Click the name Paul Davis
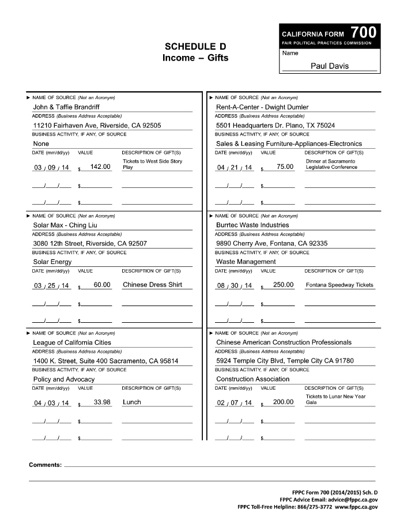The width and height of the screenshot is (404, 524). [x=329, y=66]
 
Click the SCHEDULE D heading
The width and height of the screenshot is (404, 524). [x=195, y=46]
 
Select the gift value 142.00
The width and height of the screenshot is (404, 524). [x=100, y=167]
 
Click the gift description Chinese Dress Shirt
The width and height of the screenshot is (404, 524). [x=152, y=285]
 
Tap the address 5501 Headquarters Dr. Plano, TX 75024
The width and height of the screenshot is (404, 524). [x=275, y=125]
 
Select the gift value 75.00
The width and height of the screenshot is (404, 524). [x=285, y=167]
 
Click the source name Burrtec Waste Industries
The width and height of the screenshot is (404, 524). [x=252, y=225]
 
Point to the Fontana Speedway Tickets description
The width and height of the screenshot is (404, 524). [x=339, y=285]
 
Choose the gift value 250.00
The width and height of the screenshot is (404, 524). [x=283, y=285]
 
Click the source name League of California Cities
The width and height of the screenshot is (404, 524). [x=72, y=342]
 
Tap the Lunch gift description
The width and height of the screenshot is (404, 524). [x=131, y=402]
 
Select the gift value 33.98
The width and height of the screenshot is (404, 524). [x=102, y=402]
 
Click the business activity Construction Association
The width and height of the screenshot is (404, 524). [x=252, y=379]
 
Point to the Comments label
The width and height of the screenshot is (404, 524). [x=45, y=465]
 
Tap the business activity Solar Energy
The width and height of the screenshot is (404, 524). [x=52, y=262]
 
